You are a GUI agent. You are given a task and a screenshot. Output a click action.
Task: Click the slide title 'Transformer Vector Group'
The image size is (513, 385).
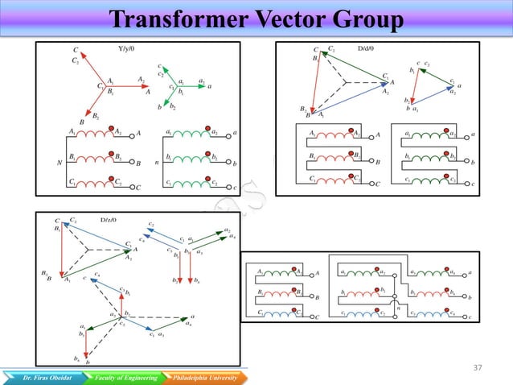click(x=256, y=17)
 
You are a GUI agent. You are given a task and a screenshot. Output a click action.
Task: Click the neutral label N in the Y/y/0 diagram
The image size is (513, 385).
click(x=59, y=162)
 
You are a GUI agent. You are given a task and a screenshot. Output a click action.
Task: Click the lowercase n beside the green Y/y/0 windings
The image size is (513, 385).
click(x=156, y=162)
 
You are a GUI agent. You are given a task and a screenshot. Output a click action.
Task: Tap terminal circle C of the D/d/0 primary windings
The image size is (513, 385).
click(x=371, y=184)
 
